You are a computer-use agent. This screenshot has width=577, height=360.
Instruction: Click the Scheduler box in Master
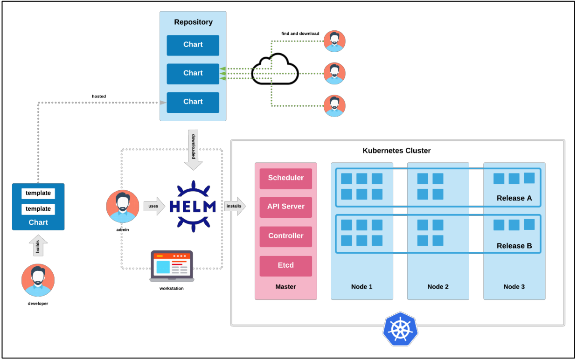pyautogui.click(x=285, y=178)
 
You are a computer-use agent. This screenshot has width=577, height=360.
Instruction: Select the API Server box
pyautogui.click(x=285, y=207)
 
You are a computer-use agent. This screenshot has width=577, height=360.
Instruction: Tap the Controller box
pyautogui.click(x=285, y=236)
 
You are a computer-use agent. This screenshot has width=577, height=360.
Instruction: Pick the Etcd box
pyautogui.click(x=285, y=265)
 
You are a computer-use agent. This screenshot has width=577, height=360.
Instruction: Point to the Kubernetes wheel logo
pyautogui.click(x=400, y=329)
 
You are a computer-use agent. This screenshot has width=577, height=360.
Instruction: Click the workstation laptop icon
pyautogui.click(x=172, y=266)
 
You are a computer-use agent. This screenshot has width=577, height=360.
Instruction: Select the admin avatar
pyautogui.click(x=123, y=206)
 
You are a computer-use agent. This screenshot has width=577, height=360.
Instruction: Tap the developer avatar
pyautogui.click(x=38, y=280)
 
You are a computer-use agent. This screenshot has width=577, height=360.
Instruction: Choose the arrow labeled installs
pyautogui.click(x=235, y=206)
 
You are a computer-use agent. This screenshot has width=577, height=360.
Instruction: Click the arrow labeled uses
pyautogui.click(x=154, y=206)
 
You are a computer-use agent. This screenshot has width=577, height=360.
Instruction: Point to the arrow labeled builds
pyautogui.click(x=39, y=246)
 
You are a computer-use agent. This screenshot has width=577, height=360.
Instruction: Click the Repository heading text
pyautogui.click(x=193, y=22)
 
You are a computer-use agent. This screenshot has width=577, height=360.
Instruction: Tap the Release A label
pyautogui.click(x=514, y=198)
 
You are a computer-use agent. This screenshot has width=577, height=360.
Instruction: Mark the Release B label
pyautogui.click(x=514, y=246)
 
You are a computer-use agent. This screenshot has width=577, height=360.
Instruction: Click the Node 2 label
pyautogui.click(x=438, y=287)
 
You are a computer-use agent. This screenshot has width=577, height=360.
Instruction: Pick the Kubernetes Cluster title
pyautogui.click(x=396, y=151)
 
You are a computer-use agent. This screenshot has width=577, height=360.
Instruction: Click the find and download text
pyautogui.click(x=300, y=34)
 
